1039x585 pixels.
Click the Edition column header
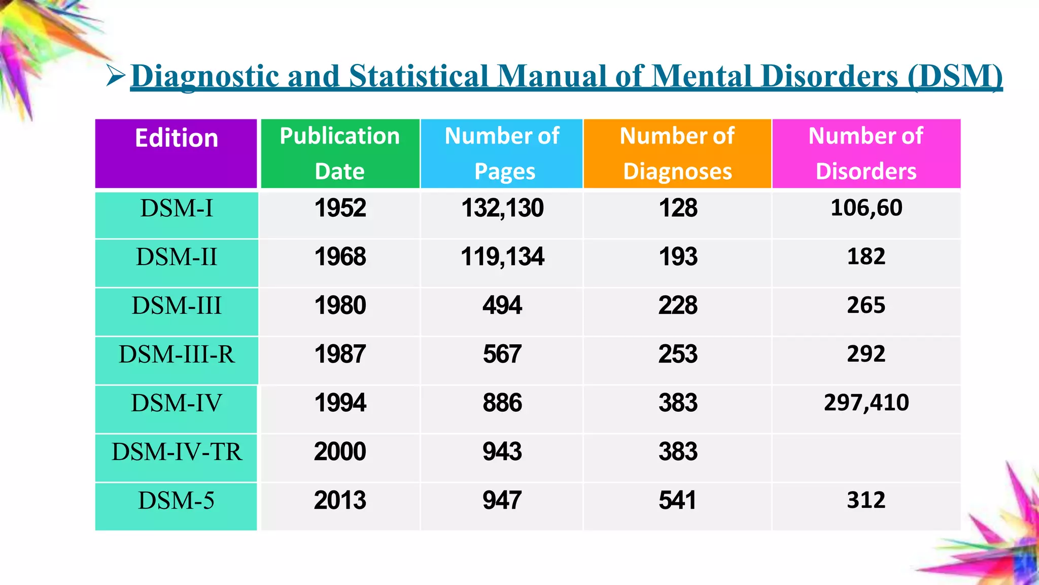[x=176, y=139]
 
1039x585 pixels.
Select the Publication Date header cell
[x=339, y=153]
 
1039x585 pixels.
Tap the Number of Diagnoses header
[x=677, y=153]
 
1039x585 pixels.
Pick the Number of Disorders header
[x=866, y=153]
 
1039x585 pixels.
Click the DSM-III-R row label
[x=176, y=354]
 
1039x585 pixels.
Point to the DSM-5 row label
[x=176, y=501]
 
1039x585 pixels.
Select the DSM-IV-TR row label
[x=176, y=452]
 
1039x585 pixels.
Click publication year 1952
[x=340, y=208]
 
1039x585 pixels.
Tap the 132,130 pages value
[x=502, y=208]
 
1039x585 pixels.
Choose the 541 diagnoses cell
[x=677, y=501]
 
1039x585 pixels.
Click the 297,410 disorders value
[x=866, y=403]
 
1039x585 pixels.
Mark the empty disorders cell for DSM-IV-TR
[x=866, y=457]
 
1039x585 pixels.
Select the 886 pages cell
[x=502, y=403]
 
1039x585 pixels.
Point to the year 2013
[x=340, y=501]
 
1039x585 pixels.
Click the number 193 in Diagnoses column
[x=678, y=257]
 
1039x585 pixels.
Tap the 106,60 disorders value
[x=866, y=208]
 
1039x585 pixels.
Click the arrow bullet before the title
[x=116, y=76]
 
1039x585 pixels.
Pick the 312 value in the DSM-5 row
[x=866, y=500]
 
